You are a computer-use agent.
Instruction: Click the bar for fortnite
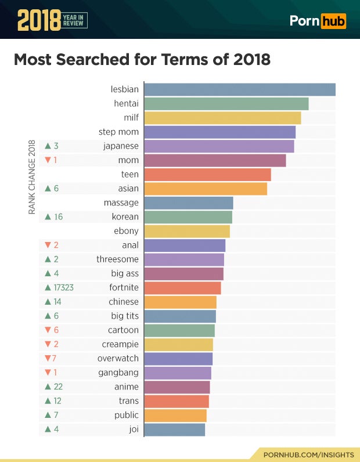pyautogui.click(x=182, y=288)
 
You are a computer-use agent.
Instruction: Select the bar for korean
pyautogui.click(x=188, y=217)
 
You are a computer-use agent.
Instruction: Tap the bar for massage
pyautogui.click(x=189, y=203)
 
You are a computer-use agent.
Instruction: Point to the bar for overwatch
pyautogui.click(x=178, y=359)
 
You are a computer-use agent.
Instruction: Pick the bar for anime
pyautogui.click(x=177, y=387)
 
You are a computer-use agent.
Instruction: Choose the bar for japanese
pyautogui.click(x=219, y=146)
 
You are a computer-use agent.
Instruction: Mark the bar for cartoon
pyautogui.click(x=179, y=330)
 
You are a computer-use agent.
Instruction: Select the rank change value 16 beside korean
pyautogui.click(x=59, y=217)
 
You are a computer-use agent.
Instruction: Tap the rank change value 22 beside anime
pyautogui.click(x=58, y=387)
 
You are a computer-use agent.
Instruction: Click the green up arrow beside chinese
pyautogui.click(x=48, y=302)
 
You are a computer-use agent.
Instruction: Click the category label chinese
pyautogui.click(x=124, y=302)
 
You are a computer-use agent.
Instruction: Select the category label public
pyautogui.click(x=126, y=415)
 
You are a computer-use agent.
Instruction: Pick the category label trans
pyautogui.click(x=128, y=401)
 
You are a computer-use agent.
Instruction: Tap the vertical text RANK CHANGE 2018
pyautogui.click(x=32, y=177)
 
